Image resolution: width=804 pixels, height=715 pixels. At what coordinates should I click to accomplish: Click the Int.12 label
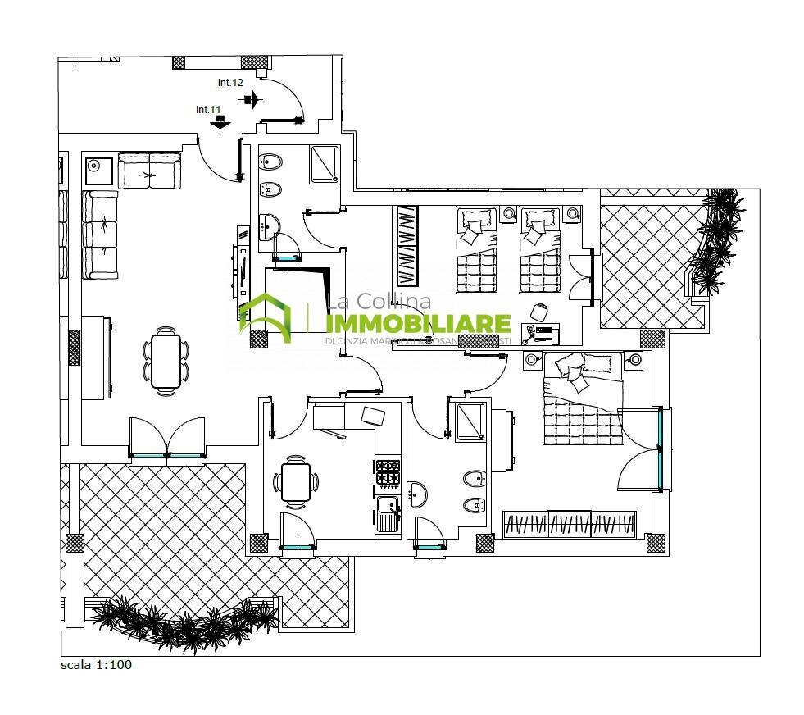click(x=230, y=83)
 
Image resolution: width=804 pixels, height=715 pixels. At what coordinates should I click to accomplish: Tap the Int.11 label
click(x=209, y=109)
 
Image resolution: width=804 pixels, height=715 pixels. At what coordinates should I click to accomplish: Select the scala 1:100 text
click(x=96, y=665)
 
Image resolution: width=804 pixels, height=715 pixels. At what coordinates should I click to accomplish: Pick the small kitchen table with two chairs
click(x=295, y=482)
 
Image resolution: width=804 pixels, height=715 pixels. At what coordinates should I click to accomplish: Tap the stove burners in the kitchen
click(x=388, y=471)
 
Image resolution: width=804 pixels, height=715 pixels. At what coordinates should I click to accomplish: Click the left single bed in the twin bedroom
click(x=477, y=252)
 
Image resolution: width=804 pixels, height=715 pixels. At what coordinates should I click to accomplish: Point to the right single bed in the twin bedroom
click(x=540, y=252)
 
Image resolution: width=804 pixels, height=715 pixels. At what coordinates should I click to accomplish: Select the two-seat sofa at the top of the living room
click(x=149, y=171)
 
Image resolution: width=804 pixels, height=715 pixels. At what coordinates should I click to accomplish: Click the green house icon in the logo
click(x=265, y=316)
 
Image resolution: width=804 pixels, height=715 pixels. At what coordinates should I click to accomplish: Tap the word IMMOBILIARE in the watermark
click(x=419, y=324)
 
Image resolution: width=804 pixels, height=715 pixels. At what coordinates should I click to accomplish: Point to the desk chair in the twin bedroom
click(x=539, y=312)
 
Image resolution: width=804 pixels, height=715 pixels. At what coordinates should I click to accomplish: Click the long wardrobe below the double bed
click(x=569, y=525)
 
